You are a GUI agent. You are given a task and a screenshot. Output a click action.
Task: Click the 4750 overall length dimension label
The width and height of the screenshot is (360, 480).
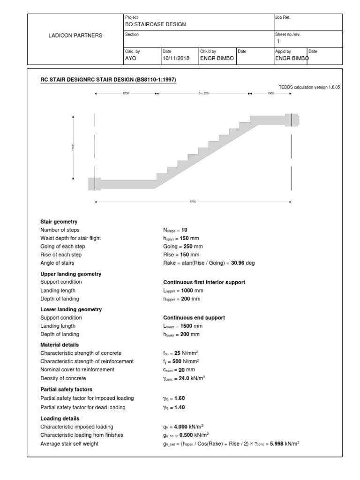click(x=193, y=202)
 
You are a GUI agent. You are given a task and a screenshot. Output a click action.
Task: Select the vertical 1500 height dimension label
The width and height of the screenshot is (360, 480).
click(x=73, y=147)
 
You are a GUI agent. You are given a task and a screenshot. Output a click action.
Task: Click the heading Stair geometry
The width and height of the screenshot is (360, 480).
click(x=59, y=221)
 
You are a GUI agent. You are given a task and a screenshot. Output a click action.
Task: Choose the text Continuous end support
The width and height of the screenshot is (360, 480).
click(x=191, y=317)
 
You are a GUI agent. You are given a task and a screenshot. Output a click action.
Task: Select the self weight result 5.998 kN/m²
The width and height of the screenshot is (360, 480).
click(x=280, y=443)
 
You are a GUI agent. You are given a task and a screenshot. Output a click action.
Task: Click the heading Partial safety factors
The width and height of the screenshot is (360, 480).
click(x=66, y=389)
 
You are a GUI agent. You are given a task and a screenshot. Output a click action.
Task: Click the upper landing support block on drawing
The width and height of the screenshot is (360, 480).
click(x=291, y=120)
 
